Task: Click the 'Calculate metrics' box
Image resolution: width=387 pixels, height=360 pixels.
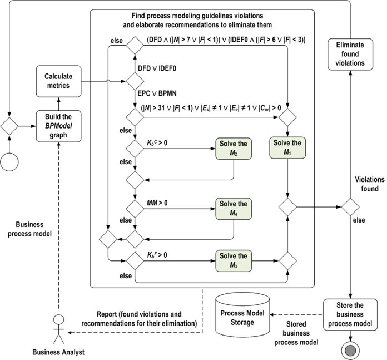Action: pyautogui.click(x=58, y=81)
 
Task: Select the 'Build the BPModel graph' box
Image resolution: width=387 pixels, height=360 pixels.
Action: pyautogui.click(x=58, y=126)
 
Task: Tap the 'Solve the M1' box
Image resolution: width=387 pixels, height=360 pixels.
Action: pyautogui.click(x=287, y=147)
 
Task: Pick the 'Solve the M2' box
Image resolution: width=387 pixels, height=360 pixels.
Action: pyautogui.click(x=234, y=149)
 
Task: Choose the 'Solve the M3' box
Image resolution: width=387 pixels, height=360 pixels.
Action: pyautogui.click(x=234, y=261)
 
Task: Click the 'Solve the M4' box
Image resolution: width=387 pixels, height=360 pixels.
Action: pyautogui.click(x=234, y=209)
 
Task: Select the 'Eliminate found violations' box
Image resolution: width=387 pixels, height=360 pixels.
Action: pyautogui.click(x=350, y=55)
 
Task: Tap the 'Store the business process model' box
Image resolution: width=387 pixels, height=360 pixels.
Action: pyautogui.click(x=350, y=314)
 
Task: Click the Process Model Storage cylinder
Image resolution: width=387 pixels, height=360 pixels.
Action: pyautogui.click(x=242, y=315)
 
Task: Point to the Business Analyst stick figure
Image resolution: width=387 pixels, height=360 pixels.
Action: pyautogui.click(x=59, y=329)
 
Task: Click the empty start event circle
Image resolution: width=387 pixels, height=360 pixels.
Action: pyautogui.click(x=9, y=162)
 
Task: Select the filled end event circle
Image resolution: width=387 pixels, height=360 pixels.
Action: pyautogui.click(x=350, y=351)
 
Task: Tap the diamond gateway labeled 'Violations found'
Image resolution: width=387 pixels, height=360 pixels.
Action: pyautogui.click(x=350, y=207)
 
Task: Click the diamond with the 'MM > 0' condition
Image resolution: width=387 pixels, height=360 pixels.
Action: pyautogui.click(x=135, y=209)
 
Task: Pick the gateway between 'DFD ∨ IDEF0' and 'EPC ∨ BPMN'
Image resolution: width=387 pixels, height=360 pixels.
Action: pyautogui.click(x=135, y=81)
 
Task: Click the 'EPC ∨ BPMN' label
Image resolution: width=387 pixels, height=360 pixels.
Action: pyautogui.click(x=157, y=93)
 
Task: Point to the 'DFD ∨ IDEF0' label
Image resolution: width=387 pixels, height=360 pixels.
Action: pyautogui.click(x=157, y=68)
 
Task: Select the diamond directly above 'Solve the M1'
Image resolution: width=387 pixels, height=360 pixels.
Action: pyautogui.click(x=287, y=117)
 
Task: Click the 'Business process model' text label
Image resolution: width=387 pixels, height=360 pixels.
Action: pyautogui.click(x=29, y=229)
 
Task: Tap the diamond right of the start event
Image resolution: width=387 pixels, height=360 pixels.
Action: pyautogui.click(x=9, y=126)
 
